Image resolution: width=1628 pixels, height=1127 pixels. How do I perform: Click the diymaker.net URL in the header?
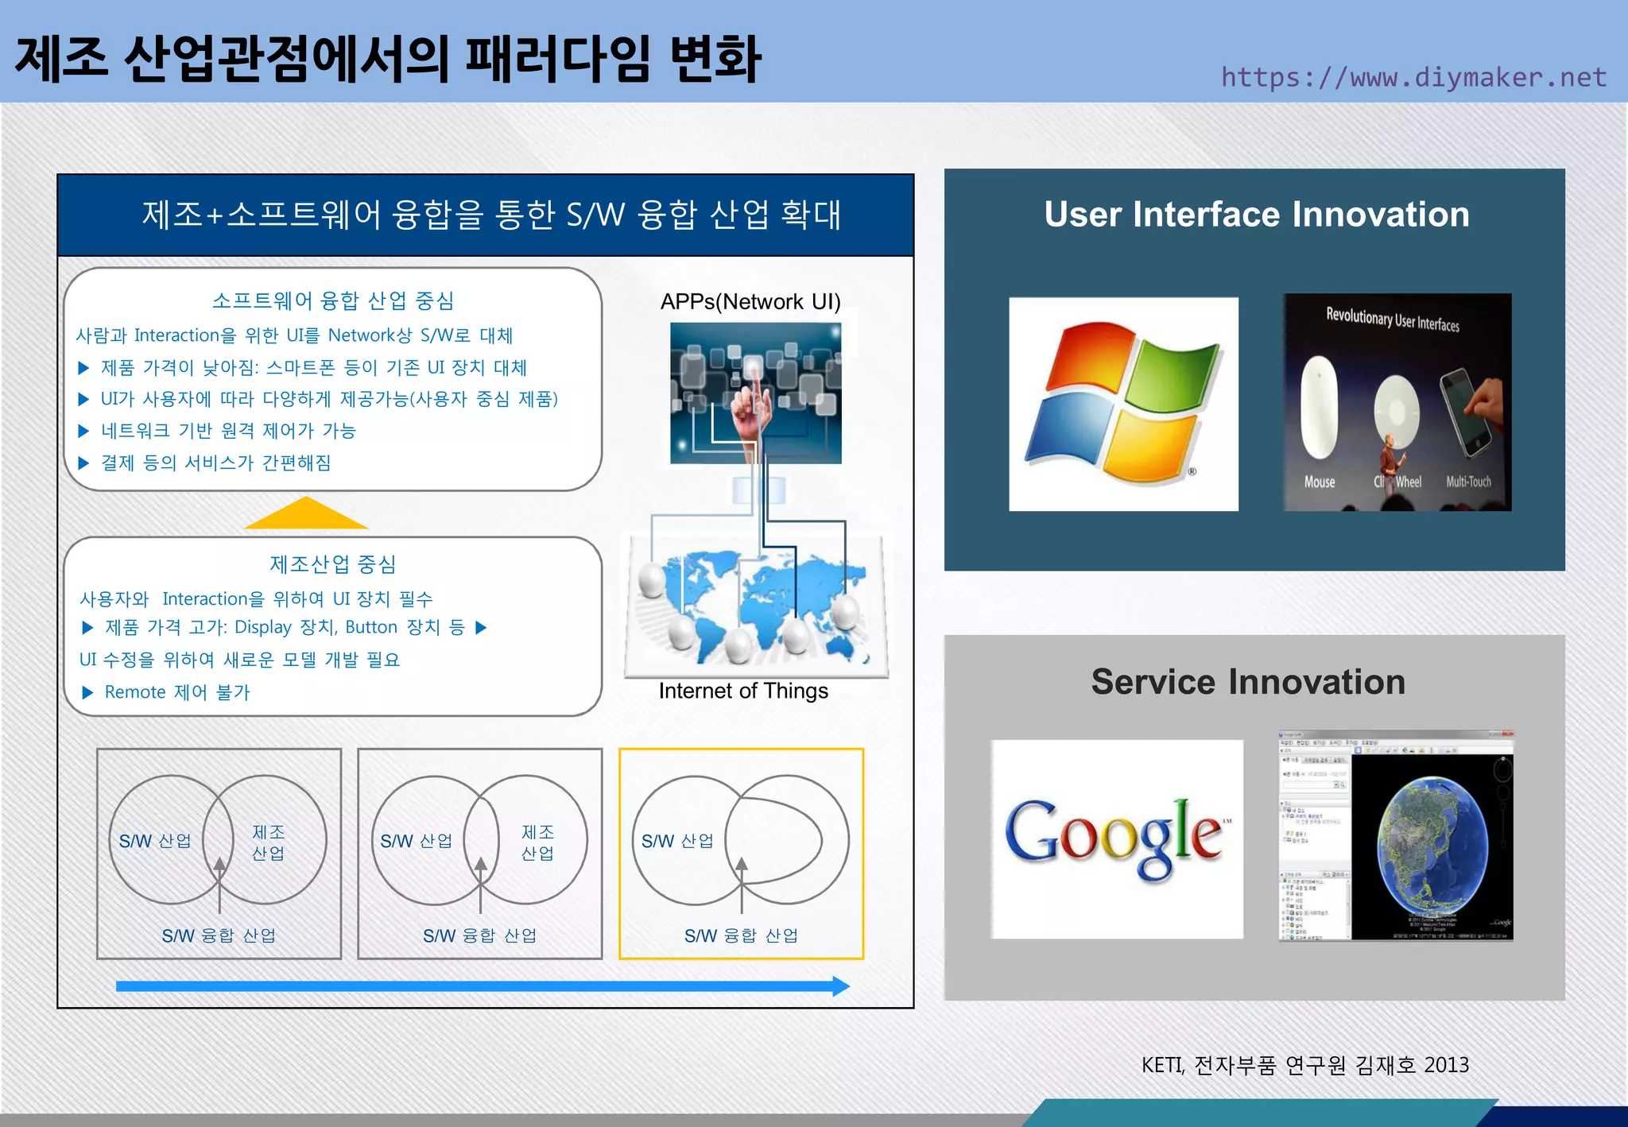pos(1413,77)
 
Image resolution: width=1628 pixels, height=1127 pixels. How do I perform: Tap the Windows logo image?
pos(1123,404)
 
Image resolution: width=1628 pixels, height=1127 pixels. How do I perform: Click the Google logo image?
pos(1117,838)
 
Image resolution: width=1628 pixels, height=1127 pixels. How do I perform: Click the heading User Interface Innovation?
pos(1256,215)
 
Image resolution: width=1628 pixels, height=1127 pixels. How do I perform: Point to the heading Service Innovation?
pos(1248,682)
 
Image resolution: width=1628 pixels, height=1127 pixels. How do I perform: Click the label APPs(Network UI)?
pos(750,302)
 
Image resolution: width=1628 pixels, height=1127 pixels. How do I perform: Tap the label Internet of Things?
pos(743,691)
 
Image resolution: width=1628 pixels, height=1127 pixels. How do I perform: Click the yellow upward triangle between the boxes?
pos(306,514)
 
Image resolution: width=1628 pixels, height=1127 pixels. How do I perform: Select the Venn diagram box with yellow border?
pos(741,853)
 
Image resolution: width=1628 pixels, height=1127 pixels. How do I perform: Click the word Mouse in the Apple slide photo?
pos(1320,482)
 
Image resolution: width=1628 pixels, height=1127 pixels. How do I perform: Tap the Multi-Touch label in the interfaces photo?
pos(1468,482)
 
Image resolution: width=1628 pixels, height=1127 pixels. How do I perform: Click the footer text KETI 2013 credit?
pos(1304,1065)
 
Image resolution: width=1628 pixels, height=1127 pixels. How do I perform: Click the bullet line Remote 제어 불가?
pos(176,692)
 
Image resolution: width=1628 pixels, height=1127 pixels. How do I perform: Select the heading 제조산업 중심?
pos(332,564)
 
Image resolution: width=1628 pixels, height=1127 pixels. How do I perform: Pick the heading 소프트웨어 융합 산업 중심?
pos(332,300)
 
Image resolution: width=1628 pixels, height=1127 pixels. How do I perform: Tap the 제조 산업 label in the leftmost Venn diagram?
pos(269,842)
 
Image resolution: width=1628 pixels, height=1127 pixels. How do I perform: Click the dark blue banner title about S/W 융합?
pos(490,215)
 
